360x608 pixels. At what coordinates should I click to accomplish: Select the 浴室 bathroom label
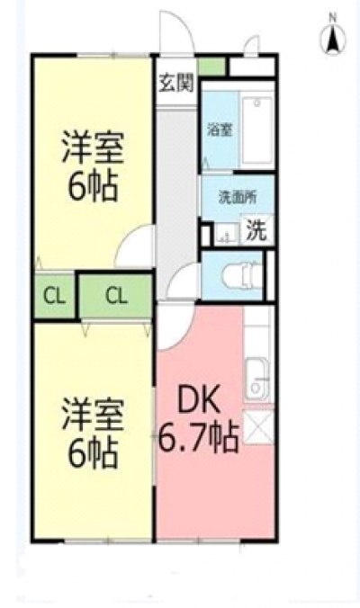[220, 130]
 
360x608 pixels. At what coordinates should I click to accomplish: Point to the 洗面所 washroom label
[238, 197]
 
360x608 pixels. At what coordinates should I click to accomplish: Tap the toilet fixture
[241, 276]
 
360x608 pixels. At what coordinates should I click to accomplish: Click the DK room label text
[199, 399]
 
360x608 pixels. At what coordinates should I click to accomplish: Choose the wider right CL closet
[116, 296]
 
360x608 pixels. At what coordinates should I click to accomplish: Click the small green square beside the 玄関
[211, 67]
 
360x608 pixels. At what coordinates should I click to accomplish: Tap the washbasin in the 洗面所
[227, 234]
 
